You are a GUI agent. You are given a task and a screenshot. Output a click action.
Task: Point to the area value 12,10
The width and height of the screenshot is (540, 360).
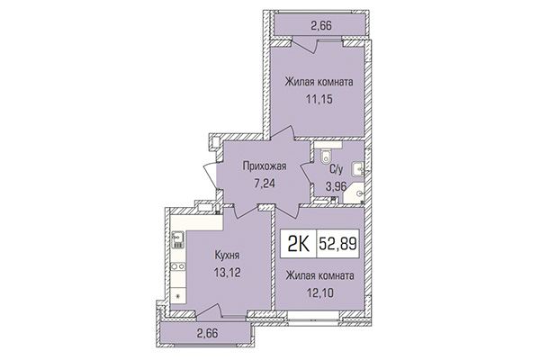pyautogui.click(x=319, y=292)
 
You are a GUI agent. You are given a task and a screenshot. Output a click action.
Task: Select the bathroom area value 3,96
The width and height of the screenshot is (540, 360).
pyautogui.click(x=337, y=186)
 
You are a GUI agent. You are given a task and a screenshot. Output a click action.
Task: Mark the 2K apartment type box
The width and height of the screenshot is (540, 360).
pyautogui.click(x=296, y=242)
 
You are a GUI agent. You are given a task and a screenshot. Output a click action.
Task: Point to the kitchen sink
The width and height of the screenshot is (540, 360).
pyautogui.click(x=177, y=239)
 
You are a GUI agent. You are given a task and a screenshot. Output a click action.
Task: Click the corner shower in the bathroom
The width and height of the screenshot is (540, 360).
pyautogui.click(x=357, y=191)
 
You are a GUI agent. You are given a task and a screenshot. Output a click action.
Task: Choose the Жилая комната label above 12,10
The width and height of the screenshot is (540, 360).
pyautogui.click(x=319, y=275)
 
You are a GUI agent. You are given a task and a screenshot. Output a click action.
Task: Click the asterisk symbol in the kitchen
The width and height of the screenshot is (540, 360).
pyautogui.click(x=177, y=295)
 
